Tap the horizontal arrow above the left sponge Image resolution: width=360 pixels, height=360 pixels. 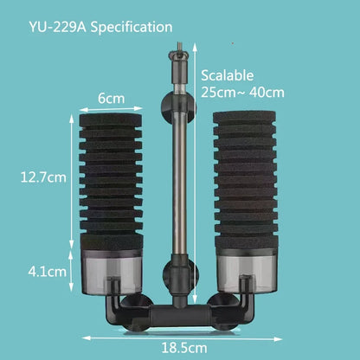[110, 110]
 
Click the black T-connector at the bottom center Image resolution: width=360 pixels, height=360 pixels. [177, 310]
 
